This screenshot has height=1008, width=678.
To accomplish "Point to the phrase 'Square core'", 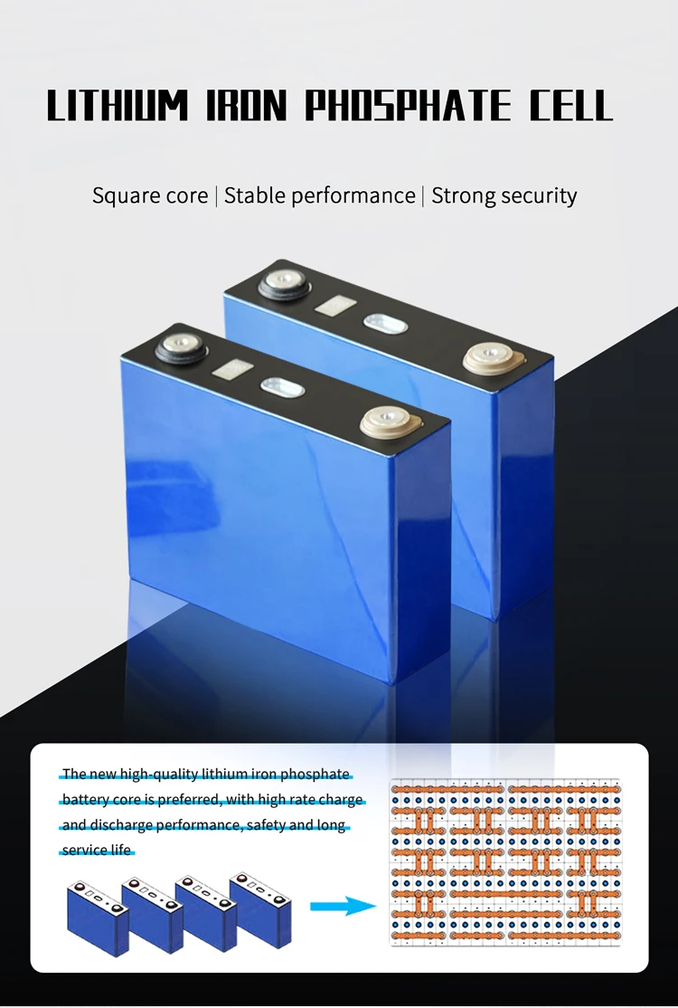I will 150,195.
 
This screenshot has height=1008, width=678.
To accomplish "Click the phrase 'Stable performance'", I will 319,195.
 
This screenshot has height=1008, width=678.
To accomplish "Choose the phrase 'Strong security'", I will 504,195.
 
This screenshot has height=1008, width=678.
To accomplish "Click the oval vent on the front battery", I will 282,387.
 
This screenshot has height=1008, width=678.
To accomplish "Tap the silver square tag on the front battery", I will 229,368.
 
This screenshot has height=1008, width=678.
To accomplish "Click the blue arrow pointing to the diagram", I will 343,907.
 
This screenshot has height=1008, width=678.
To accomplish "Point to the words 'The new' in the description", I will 75,774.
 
